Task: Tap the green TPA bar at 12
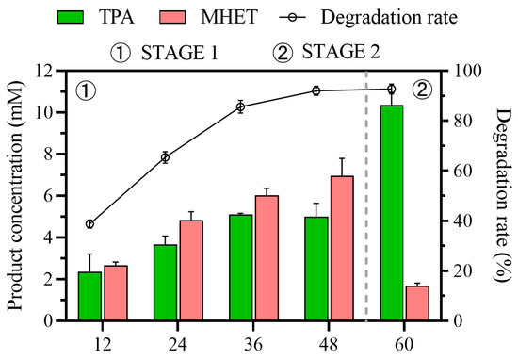(89, 296)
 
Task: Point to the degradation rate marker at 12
(89, 224)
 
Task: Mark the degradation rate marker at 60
(392, 89)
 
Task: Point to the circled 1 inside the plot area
(83, 91)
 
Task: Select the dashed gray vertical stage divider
(366, 236)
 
